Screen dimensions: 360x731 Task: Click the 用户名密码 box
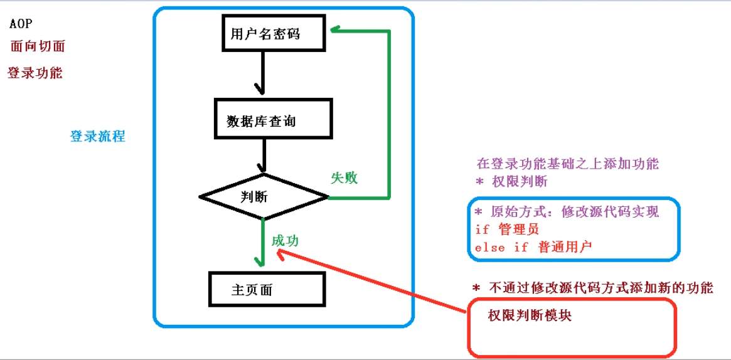click(273, 34)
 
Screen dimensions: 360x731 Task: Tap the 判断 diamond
click(264, 196)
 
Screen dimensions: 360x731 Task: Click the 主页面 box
click(266, 290)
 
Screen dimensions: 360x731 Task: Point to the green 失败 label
click(344, 178)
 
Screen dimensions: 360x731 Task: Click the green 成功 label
click(285, 240)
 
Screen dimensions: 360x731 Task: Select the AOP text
click(21, 24)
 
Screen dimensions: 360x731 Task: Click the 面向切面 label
click(38, 46)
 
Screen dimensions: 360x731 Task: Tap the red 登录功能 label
click(35, 73)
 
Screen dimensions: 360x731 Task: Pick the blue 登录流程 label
click(97, 136)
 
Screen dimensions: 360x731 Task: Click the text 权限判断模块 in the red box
click(530, 316)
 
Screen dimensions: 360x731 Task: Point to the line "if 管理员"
click(507, 230)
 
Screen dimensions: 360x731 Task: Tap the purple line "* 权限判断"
click(512, 182)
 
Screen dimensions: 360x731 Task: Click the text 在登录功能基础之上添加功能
click(567, 164)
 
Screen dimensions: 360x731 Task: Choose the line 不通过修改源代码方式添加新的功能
click(593, 288)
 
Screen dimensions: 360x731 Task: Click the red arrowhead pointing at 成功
click(280, 252)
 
